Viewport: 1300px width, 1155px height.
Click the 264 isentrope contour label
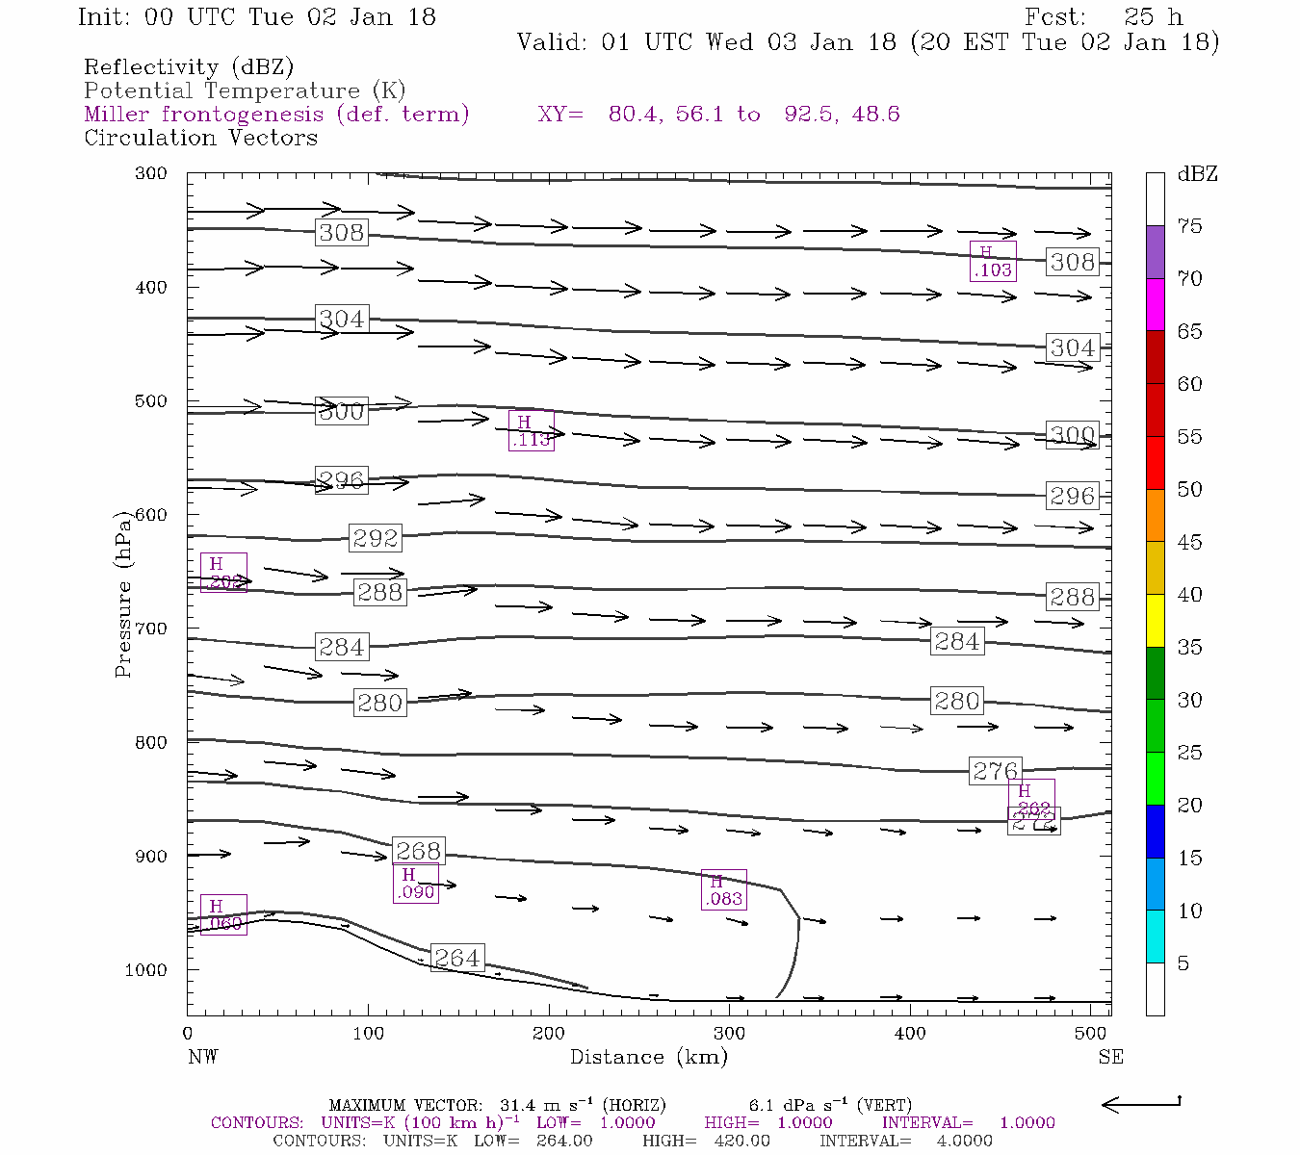coord(456,959)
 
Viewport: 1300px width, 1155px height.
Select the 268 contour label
coord(418,851)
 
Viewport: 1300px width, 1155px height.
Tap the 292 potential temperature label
coord(375,538)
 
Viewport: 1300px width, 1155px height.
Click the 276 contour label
coord(995,771)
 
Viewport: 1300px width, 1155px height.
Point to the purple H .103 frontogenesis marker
coord(993,262)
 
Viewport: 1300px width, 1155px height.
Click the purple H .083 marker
coord(723,890)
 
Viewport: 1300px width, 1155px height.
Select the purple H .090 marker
coord(415,884)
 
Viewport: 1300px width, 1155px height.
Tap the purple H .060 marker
coord(223,915)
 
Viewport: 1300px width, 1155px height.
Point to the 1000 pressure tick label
coord(145,970)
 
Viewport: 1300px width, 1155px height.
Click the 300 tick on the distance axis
coord(729,1034)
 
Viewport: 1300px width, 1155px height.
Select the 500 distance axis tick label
coord(1090,1034)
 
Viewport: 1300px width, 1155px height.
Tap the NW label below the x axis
coord(202,1057)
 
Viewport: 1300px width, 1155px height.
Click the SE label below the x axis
coord(1110,1057)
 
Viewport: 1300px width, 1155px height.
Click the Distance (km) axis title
coord(648,1057)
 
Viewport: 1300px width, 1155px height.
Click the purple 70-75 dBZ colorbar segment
coord(1155,252)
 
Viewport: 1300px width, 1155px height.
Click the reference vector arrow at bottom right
coord(1140,1104)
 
